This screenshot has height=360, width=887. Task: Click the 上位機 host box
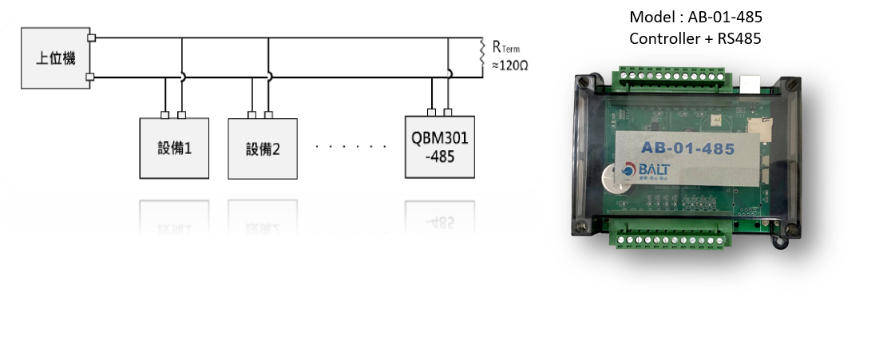pyautogui.click(x=55, y=57)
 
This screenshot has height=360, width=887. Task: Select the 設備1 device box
pyautogui.click(x=174, y=148)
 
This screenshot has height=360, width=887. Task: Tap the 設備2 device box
pyautogui.click(x=263, y=148)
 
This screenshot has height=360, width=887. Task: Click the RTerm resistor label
pyautogui.click(x=505, y=48)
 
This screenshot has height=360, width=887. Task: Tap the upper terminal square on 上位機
pyautogui.click(x=92, y=38)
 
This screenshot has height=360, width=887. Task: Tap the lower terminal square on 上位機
pyautogui.click(x=92, y=77)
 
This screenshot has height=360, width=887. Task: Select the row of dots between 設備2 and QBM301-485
pyautogui.click(x=350, y=147)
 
